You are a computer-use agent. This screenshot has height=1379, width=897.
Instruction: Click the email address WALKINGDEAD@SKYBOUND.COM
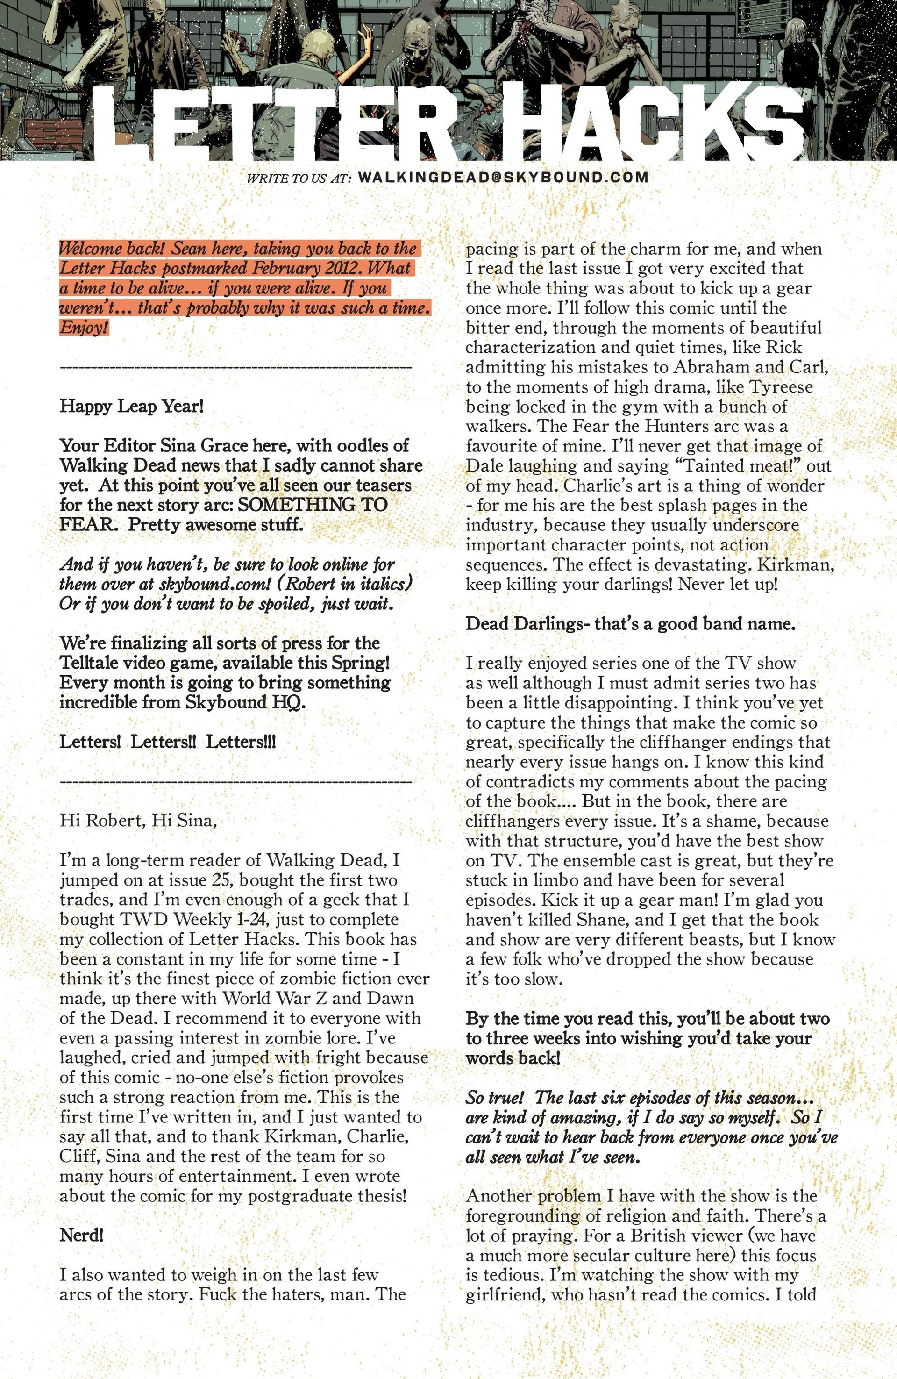pyautogui.click(x=503, y=177)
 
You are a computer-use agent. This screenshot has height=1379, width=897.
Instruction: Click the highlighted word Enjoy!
pyautogui.click(x=84, y=328)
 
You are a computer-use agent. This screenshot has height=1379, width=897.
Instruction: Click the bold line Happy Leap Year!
pyautogui.click(x=132, y=406)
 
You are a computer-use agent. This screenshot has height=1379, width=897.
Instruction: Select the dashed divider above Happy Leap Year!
pyautogui.click(x=235, y=367)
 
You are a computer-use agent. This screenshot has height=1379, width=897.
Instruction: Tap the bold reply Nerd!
pyautogui.click(x=82, y=1236)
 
